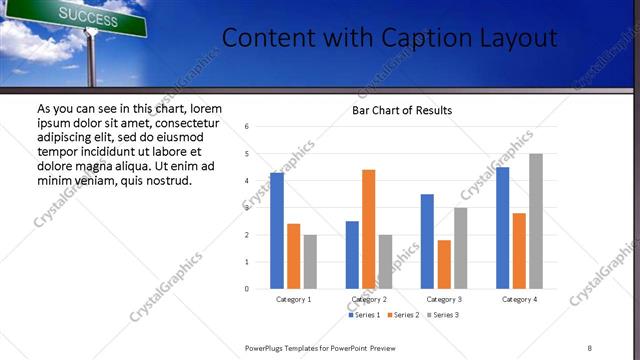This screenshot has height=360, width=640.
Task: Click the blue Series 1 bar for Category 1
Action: [277, 231]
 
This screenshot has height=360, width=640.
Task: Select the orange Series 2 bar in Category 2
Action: [368, 229]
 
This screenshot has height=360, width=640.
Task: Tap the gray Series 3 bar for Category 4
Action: [536, 221]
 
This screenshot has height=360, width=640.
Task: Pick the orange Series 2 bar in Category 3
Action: [444, 264]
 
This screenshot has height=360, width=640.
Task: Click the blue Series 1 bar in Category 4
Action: [502, 228]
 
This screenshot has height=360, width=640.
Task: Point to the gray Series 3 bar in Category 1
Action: [310, 262]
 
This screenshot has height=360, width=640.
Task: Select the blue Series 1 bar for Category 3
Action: [427, 241]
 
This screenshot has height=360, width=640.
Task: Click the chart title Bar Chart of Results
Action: [401, 110]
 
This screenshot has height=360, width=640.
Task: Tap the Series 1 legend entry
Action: [363, 316]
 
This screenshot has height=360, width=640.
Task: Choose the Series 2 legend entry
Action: [403, 316]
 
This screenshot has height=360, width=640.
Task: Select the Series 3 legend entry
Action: [442, 316]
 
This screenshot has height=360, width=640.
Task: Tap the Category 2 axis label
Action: [369, 299]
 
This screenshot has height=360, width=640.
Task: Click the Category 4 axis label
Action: [519, 299]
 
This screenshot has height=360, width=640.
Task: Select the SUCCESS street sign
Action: [85, 15]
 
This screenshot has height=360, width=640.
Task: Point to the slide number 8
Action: [590, 347]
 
